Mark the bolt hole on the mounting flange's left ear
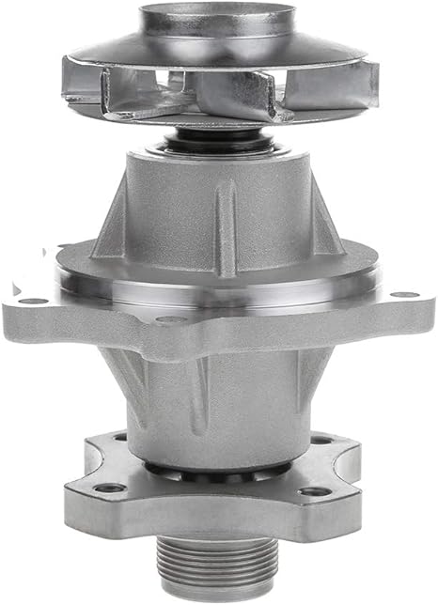pos(34,302)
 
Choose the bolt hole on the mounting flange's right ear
pos(405,295)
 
